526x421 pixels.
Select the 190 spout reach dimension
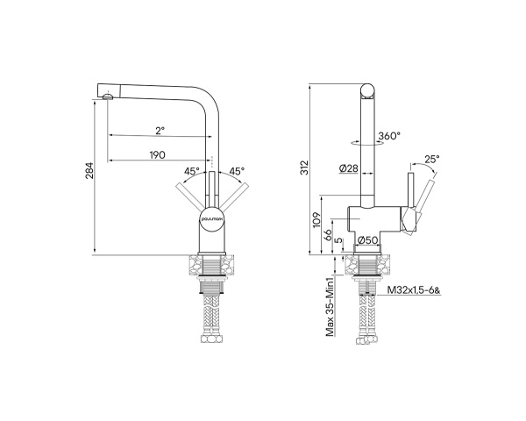click(x=158, y=154)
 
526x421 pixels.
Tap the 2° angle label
click(x=160, y=130)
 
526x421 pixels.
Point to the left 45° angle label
click(x=192, y=171)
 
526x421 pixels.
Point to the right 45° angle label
click(x=237, y=171)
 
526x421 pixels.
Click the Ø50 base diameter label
click(x=366, y=240)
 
